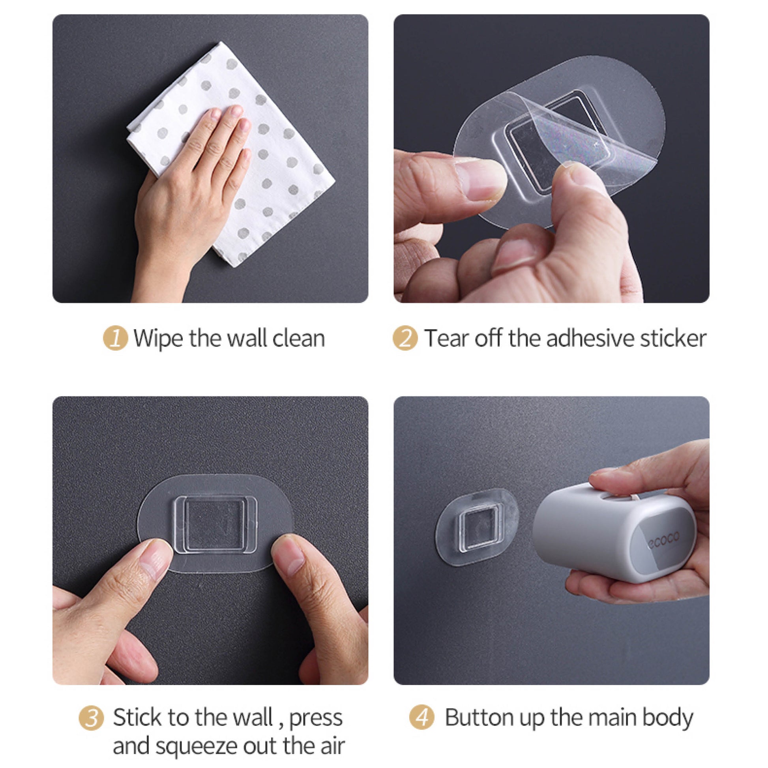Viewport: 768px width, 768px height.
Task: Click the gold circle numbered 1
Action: (115, 338)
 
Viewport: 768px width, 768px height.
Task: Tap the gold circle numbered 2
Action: (405, 338)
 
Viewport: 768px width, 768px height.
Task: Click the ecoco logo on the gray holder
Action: (663, 541)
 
